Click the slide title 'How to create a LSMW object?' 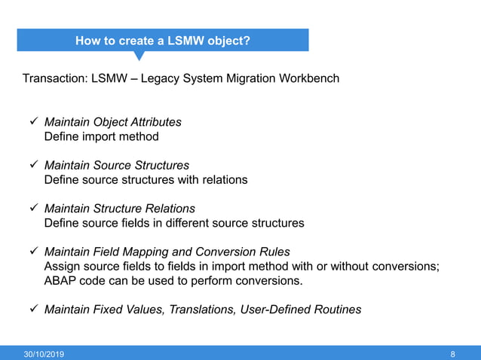coord(163,41)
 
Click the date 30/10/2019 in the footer coord(44,353)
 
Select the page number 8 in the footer coord(452,353)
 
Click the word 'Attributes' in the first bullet coord(155,122)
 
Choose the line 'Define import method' coord(102,137)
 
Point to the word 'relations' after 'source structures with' coord(223,180)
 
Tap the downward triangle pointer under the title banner coord(139,56)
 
